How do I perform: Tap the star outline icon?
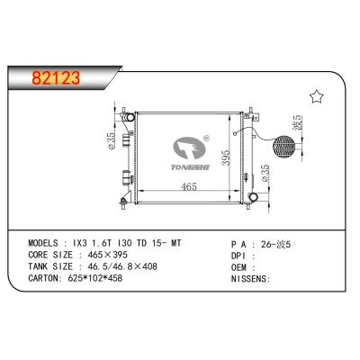[316, 95]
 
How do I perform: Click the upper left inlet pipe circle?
[130, 117]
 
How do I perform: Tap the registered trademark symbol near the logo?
[206, 139]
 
